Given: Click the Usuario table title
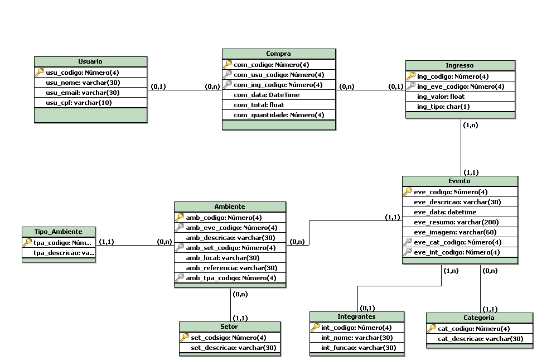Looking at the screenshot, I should coord(90,61).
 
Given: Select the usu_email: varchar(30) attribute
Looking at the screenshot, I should coord(83,93).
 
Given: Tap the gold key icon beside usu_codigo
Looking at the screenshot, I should coord(40,72).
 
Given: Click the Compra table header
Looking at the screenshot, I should coord(278,54).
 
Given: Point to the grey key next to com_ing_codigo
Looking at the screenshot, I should coord(228,85).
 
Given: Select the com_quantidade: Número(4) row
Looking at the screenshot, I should coord(278,115).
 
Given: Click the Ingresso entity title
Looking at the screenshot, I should coord(459,65).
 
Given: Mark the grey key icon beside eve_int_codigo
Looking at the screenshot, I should coord(408,252).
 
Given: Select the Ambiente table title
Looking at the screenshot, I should coord(229,207).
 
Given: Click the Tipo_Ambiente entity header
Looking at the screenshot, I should coord(59,232).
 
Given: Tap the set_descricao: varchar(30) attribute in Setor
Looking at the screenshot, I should coord(234,348).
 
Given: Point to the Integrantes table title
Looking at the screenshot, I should coord(356,316).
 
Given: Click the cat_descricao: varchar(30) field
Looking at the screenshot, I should coord(480,339).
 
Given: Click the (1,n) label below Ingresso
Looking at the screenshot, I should coord(470,126).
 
